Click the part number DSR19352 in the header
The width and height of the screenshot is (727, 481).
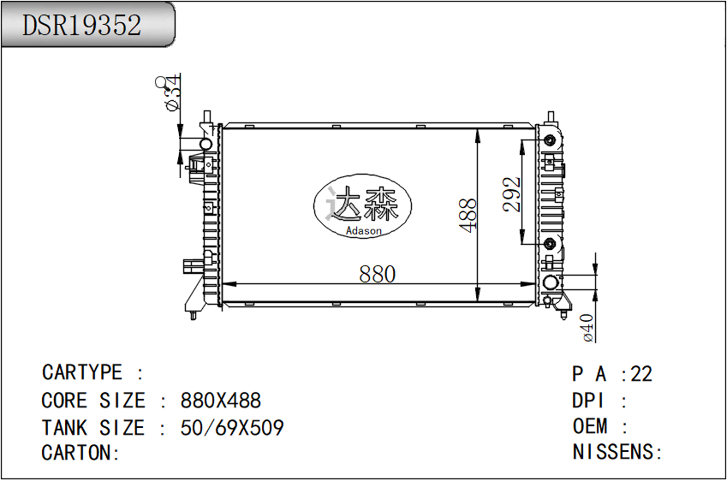81,25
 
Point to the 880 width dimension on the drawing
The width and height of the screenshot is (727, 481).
377,274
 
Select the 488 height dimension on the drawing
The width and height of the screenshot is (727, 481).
468,215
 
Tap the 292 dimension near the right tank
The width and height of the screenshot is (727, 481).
512,194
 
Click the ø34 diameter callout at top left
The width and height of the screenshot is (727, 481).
171,92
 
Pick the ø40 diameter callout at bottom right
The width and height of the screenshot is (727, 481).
587,328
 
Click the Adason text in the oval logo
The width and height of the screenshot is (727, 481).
363,230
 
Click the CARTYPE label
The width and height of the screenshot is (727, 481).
81,372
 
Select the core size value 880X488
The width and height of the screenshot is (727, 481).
221,401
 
